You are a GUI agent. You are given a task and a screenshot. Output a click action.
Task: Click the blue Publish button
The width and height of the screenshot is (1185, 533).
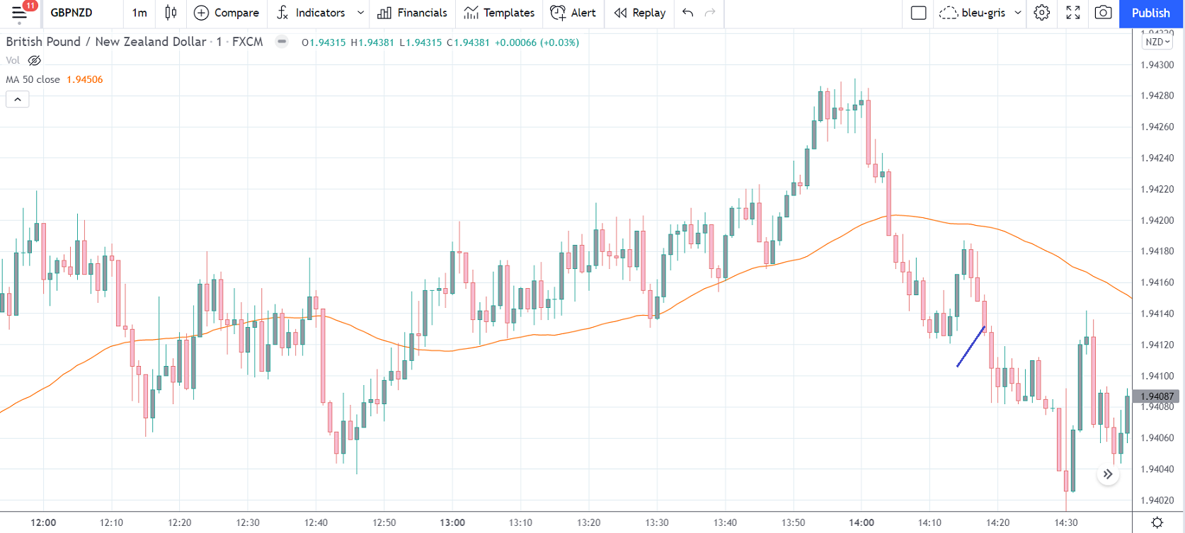(x=1150, y=13)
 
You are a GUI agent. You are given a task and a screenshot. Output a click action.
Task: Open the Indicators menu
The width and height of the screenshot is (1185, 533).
(x=312, y=13)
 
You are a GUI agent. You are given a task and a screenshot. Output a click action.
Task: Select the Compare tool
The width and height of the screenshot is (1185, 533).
(x=227, y=13)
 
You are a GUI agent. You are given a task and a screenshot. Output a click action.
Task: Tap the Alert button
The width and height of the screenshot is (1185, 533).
(x=573, y=13)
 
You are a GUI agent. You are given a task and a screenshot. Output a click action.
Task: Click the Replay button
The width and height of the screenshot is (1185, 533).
(x=640, y=13)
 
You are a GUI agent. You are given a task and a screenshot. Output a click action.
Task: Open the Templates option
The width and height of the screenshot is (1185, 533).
(x=500, y=13)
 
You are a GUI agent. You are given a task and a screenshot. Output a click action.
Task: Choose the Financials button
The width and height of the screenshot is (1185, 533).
(x=413, y=13)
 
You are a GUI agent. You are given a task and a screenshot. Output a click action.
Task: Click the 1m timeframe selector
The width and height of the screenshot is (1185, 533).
(x=139, y=13)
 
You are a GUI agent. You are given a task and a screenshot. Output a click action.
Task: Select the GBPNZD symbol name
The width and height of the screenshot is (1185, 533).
(x=71, y=13)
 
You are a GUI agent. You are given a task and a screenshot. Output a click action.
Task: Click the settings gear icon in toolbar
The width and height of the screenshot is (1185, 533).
(x=1041, y=13)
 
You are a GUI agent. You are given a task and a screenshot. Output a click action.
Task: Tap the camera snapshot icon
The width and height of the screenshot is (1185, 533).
(x=1103, y=13)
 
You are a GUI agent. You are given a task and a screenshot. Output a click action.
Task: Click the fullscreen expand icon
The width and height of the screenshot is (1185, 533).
(x=1073, y=13)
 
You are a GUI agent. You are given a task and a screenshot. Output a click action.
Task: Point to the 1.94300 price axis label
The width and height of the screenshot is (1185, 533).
(x=1157, y=65)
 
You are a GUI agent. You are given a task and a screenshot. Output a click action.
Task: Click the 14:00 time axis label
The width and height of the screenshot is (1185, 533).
(x=861, y=522)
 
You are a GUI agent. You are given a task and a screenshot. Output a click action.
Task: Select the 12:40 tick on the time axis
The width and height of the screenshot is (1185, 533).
(x=316, y=522)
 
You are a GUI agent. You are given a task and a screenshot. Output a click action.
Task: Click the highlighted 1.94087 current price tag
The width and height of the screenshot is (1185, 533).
(x=1157, y=396)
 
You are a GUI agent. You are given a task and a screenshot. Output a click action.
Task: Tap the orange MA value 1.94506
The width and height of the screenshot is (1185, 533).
(x=84, y=79)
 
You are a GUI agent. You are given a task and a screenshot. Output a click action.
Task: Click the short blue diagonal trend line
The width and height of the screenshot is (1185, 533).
(x=971, y=347)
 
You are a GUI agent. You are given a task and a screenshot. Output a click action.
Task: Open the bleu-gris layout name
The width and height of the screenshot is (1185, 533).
(x=983, y=13)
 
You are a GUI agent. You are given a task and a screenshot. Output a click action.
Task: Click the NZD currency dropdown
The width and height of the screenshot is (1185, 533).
(x=1157, y=42)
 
